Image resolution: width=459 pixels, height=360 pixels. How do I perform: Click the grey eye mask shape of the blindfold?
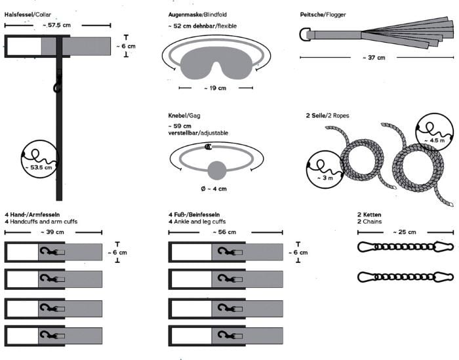tap(216, 63)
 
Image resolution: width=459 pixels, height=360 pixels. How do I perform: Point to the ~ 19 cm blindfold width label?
tap(215, 88)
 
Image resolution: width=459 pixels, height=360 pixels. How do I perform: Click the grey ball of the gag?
tap(217, 170)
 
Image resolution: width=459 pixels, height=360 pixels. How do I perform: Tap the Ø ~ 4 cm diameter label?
tap(214, 189)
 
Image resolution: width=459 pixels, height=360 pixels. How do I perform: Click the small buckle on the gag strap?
tap(208, 147)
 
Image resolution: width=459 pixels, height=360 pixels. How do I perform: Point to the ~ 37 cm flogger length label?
tap(374, 58)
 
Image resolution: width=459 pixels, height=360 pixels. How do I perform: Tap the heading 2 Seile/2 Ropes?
tap(328, 115)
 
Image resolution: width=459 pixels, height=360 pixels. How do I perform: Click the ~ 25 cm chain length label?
tap(405, 232)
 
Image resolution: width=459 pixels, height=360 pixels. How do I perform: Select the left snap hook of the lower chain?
tap(367, 277)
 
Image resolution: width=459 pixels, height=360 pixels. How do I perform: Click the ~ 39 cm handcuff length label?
tap(52, 232)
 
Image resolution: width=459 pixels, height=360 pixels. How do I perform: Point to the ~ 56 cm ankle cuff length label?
tap(224, 232)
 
